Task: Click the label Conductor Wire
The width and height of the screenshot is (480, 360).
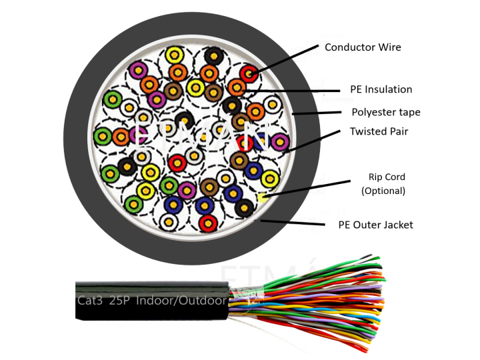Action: tap(363, 47)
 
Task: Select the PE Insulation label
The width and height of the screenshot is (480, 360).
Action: tap(381, 89)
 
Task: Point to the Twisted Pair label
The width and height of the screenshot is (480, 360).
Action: tap(379, 131)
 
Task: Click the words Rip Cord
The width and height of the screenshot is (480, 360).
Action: tap(387, 177)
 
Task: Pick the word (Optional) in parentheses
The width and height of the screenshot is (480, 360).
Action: tap(383, 191)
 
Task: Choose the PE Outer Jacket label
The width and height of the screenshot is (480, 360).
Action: tap(375, 225)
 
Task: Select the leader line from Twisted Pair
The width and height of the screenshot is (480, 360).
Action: tap(313, 141)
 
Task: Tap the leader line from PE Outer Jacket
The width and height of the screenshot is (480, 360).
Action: tap(293, 223)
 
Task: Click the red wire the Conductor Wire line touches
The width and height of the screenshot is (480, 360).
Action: tap(249, 73)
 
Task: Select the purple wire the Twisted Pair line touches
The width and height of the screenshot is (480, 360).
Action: tap(280, 141)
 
